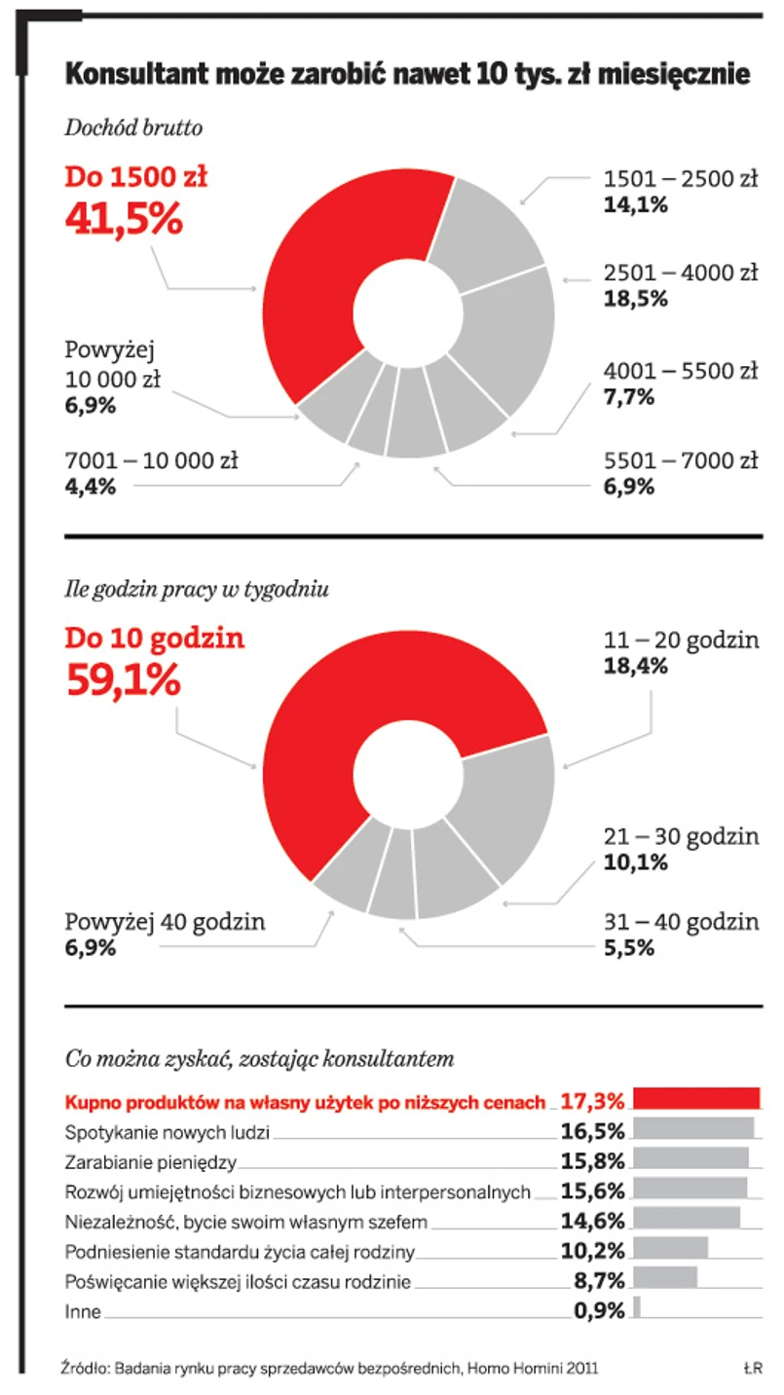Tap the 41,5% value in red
point(124,217)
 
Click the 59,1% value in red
point(123,679)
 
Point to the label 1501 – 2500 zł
point(680,179)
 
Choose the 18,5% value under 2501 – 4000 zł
point(636,299)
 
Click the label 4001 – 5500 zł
point(680,371)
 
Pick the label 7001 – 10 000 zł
point(151,460)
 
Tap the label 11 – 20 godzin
point(680,641)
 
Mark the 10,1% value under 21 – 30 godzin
point(636,862)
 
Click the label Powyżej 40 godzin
point(165,922)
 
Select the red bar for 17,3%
point(696,1098)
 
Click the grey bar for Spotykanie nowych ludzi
point(693,1128)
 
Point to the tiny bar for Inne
point(637,1306)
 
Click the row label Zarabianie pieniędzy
point(150,1161)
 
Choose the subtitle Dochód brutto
point(133,128)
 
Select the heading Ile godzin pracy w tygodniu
point(197,589)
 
